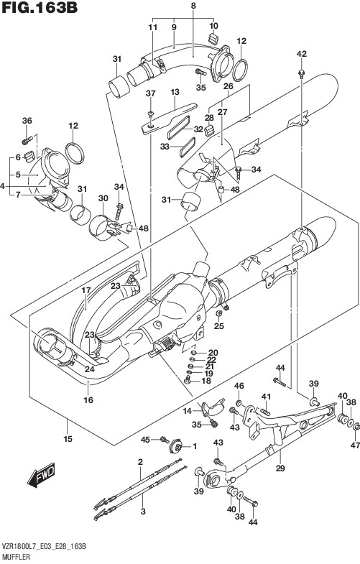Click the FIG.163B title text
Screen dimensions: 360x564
coord(40,7)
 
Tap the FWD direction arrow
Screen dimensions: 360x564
coord(41,475)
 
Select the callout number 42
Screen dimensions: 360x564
coord(302,54)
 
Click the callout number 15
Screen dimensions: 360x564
coord(68,438)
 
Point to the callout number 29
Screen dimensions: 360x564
coord(280,468)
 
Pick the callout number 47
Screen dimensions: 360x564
coord(355,445)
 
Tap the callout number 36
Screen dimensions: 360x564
coord(27,121)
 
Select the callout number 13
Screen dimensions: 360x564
coord(175,93)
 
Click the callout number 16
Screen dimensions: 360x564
coord(88,399)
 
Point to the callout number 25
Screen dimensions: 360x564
coord(219,326)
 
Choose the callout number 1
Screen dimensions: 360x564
coord(195,446)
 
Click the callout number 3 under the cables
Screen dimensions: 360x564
coord(143,511)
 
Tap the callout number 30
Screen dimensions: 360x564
coord(103,198)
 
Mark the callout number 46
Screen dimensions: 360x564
coord(239,386)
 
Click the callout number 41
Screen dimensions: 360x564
coord(266,397)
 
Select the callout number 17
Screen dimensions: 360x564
coord(86,290)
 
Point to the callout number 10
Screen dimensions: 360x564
coord(213,26)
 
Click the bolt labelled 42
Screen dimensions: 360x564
coord(301,75)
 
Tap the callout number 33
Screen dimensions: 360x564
coord(165,147)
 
